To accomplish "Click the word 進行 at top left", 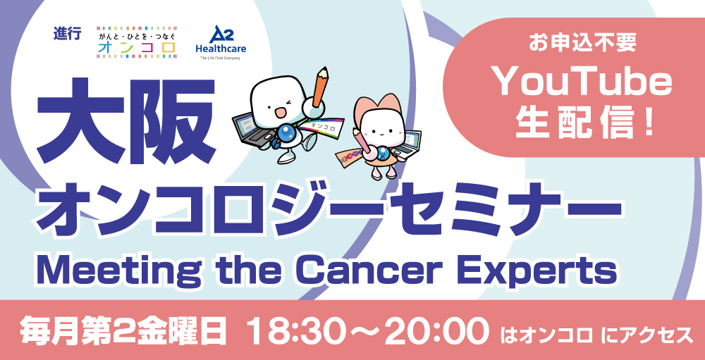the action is click(67, 34).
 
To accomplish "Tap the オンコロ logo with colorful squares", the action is click(137, 42).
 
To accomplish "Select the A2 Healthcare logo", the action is click(221, 42).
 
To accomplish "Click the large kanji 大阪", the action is click(126, 120).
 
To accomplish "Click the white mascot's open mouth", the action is click(279, 111).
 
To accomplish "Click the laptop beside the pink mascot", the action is click(407, 144).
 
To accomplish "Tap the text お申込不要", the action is click(583, 44).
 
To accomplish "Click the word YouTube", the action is click(583, 84).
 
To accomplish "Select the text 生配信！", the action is click(584, 123).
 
